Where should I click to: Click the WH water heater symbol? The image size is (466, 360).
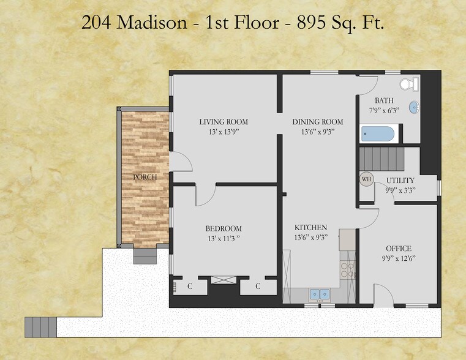click(x=367, y=179)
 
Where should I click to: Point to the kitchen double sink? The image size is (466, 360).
click(x=319, y=294)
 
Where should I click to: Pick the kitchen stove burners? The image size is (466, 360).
click(x=347, y=270)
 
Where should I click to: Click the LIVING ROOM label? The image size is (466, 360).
click(x=224, y=122)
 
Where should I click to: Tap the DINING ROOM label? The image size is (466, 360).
click(x=318, y=122)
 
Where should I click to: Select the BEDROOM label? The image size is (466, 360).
click(x=224, y=228)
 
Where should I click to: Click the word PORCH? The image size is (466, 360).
click(x=145, y=177)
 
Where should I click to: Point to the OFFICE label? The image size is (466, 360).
click(x=398, y=248)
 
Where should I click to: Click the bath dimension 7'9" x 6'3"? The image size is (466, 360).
click(x=385, y=110)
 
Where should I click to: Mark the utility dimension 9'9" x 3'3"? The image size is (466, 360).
click(x=400, y=190)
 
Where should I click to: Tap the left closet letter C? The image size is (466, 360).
click(x=189, y=286)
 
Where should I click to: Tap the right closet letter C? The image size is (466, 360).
click(x=258, y=286)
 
